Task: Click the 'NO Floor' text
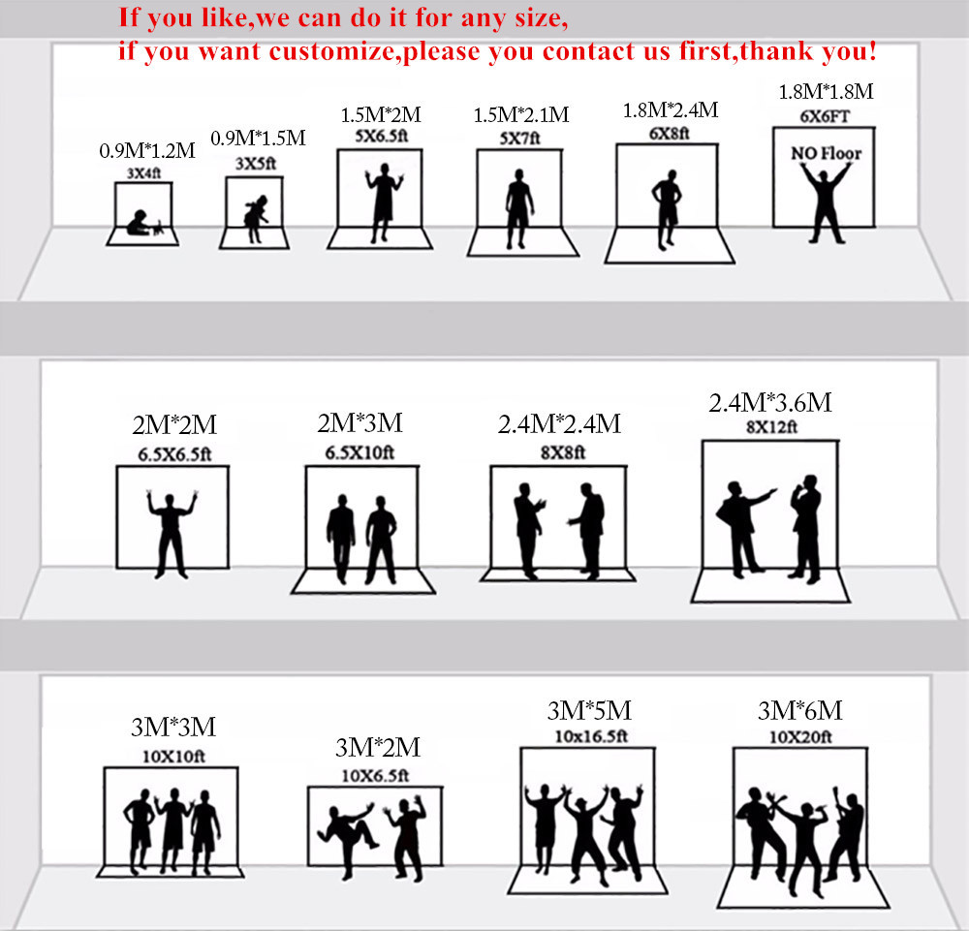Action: pyautogui.click(x=826, y=153)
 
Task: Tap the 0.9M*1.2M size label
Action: pyautogui.click(x=147, y=150)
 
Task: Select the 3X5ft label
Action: pyautogui.click(x=255, y=164)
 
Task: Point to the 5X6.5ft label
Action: pyautogui.click(x=381, y=136)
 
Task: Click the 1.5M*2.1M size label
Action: pyautogui.click(x=521, y=115)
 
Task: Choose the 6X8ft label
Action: pyautogui.click(x=669, y=134)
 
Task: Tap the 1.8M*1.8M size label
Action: pyautogui.click(x=826, y=91)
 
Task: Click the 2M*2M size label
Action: pyautogui.click(x=174, y=425)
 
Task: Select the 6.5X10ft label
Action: pyautogui.click(x=359, y=452)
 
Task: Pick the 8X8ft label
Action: pyautogui.click(x=562, y=452)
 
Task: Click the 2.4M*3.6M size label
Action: pyautogui.click(x=770, y=403)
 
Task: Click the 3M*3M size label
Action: pyautogui.click(x=173, y=728)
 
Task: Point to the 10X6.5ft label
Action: pyautogui.click(x=375, y=775)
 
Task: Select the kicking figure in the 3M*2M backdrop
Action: pyautogui.click(x=348, y=839)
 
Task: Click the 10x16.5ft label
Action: pyautogui.click(x=591, y=736)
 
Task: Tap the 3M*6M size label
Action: pyautogui.click(x=799, y=710)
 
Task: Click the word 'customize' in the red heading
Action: pyautogui.click(x=331, y=51)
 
